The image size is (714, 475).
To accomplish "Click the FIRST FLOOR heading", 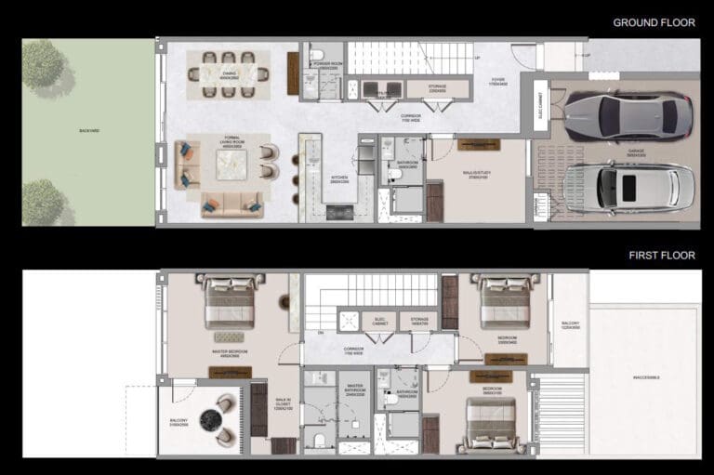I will [662, 255].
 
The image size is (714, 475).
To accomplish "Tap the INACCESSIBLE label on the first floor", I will [645, 377].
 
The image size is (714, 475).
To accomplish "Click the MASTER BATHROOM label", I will [354, 390].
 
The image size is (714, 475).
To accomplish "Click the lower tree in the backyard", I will [43, 200].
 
